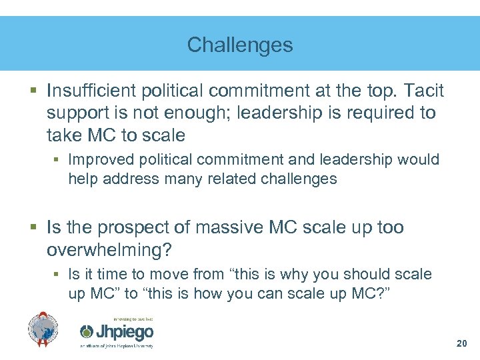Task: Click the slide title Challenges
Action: (x=240, y=45)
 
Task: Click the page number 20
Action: (x=461, y=343)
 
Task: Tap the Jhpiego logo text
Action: (x=125, y=332)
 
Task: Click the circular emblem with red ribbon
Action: (x=43, y=329)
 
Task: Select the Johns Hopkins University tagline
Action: (x=117, y=346)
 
